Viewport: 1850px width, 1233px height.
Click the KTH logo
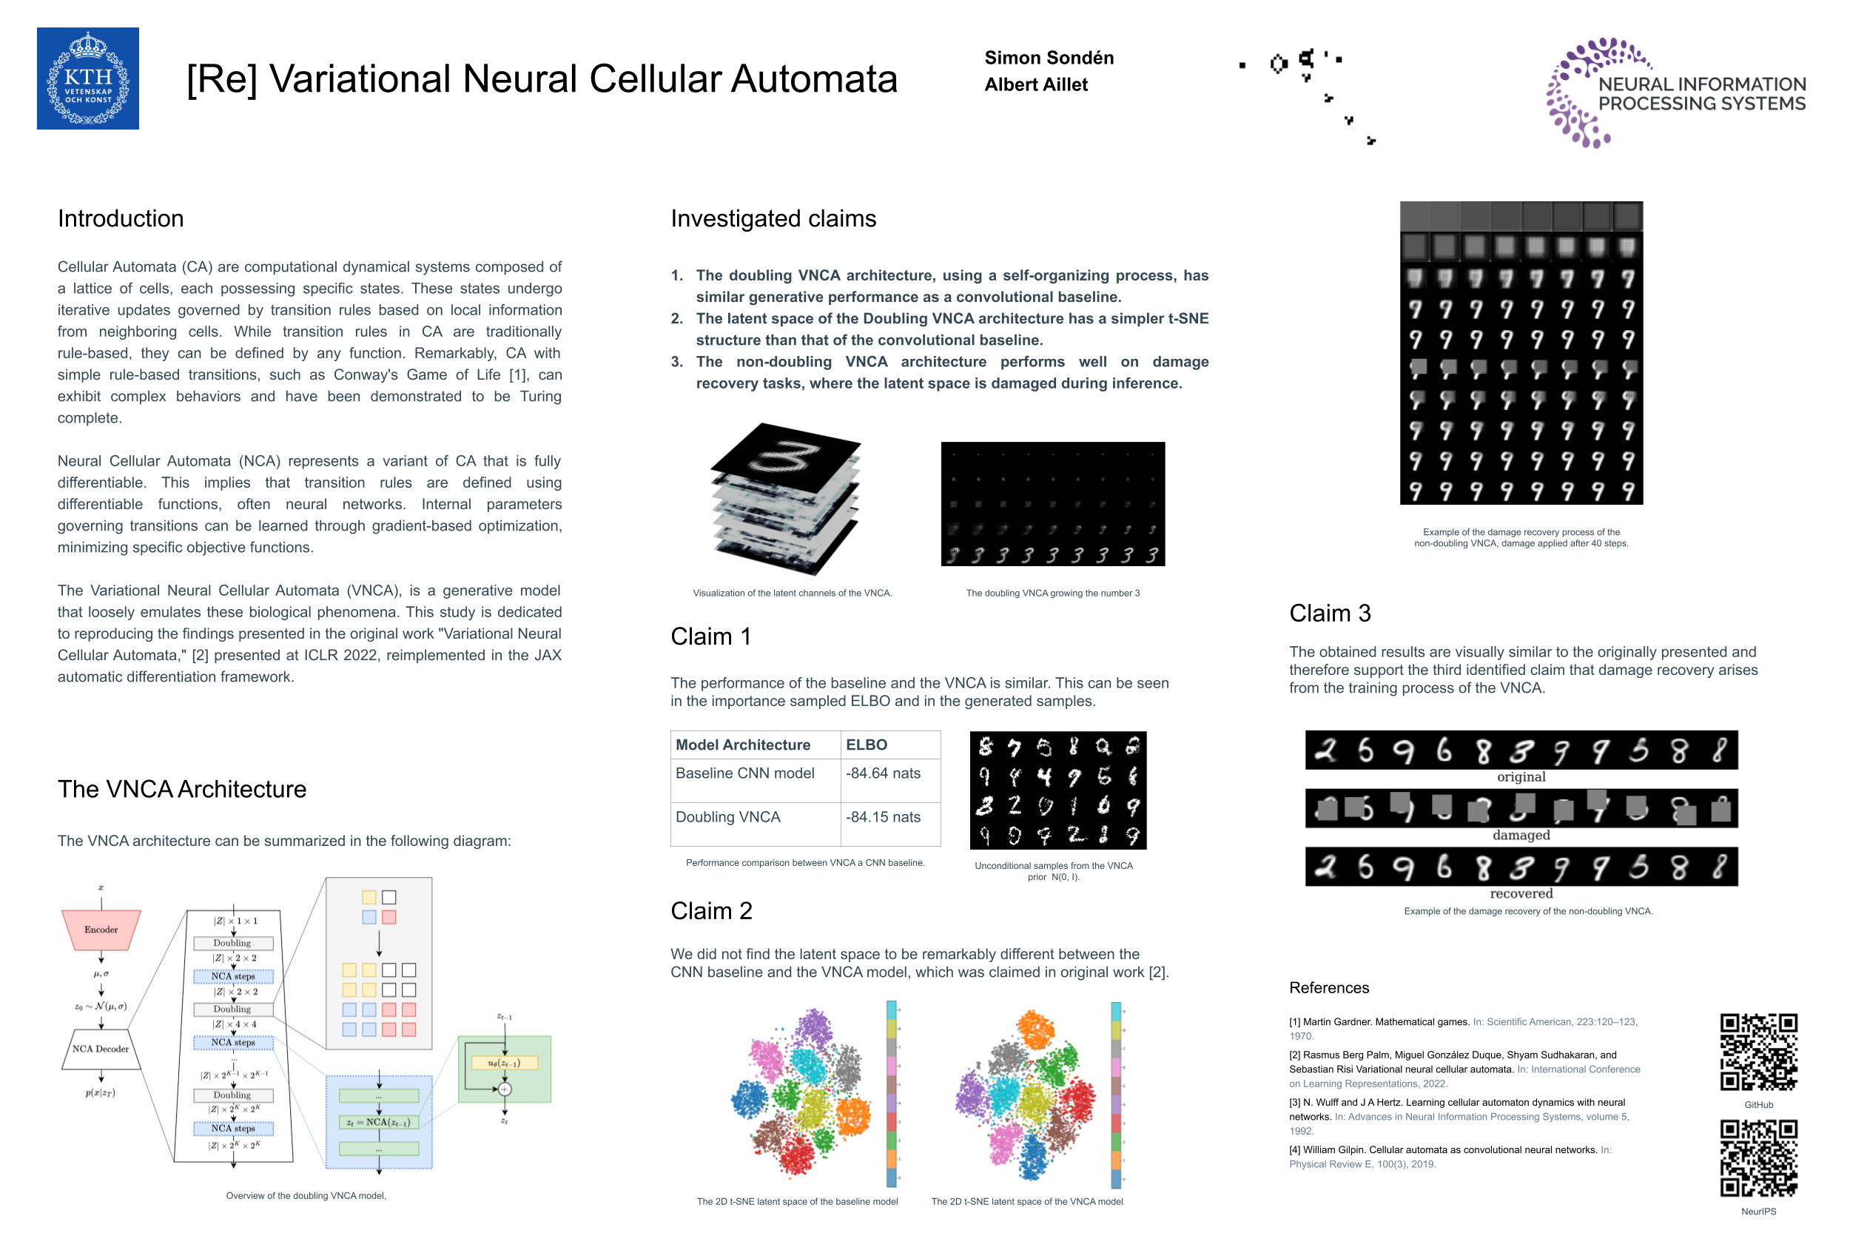(x=87, y=78)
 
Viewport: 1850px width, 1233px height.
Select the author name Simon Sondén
(x=1048, y=58)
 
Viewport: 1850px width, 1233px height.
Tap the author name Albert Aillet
(x=1035, y=84)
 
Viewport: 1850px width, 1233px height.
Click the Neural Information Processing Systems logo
(x=1675, y=93)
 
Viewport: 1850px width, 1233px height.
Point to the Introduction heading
(x=121, y=218)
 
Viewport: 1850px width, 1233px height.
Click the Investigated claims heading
(x=773, y=218)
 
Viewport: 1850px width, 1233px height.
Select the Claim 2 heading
(x=710, y=910)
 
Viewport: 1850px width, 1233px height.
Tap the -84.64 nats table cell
(x=883, y=773)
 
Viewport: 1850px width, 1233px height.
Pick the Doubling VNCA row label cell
(x=727, y=817)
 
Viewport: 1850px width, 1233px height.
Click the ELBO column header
(x=866, y=745)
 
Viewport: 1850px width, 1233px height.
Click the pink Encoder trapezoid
(x=101, y=930)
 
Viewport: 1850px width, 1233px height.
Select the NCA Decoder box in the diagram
(x=101, y=1049)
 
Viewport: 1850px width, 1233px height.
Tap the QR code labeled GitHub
(x=1758, y=1052)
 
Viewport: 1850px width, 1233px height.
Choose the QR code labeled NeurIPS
(x=1758, y=1158)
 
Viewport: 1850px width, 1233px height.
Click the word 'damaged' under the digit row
(x=1521, y=835)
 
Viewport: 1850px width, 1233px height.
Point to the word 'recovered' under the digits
(x=1521, y=893)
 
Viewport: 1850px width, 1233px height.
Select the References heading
(x=1329, y=987)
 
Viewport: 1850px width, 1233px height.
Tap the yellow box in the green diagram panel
(x=504, y=1063)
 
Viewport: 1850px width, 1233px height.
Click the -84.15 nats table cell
(x=883, y=817)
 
